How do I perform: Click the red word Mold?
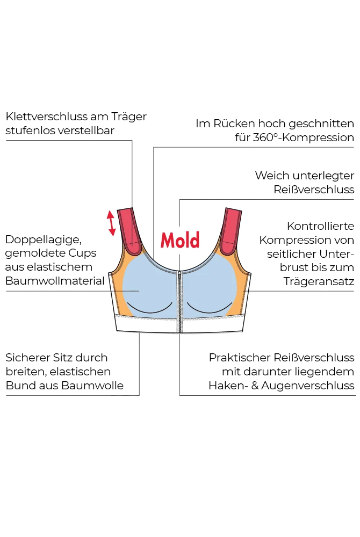point(180,240)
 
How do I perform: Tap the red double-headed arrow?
point(111,223)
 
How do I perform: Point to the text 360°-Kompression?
point(303,137)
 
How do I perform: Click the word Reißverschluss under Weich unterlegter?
point(314,190)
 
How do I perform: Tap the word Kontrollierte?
point(320,226)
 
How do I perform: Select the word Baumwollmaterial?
point(55,281)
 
